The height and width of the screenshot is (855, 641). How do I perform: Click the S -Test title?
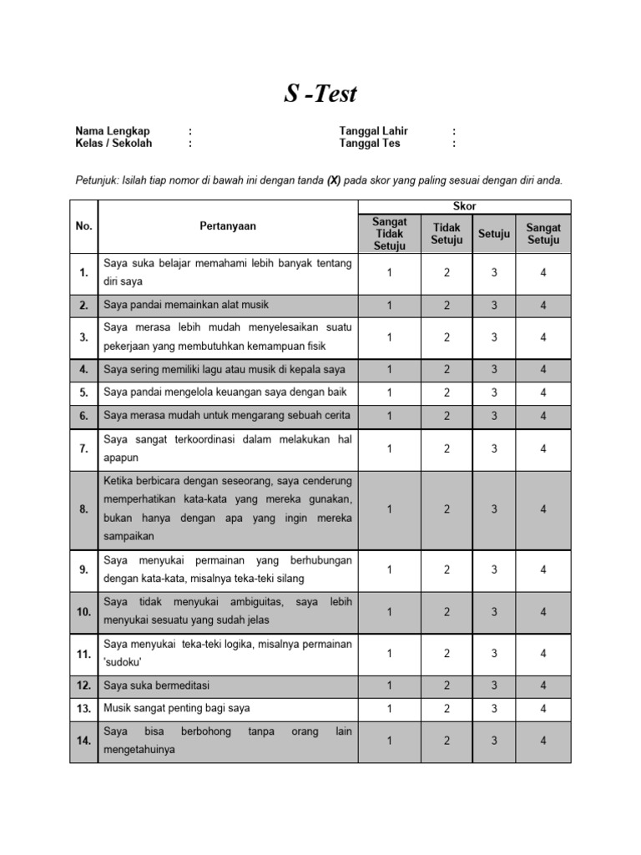point(320,94)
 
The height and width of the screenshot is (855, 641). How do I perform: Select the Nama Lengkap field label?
point(113,131)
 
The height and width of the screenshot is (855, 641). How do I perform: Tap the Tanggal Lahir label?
point(373,131)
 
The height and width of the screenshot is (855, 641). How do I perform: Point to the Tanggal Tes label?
point(370,143)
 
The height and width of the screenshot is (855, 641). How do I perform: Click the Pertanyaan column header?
point(228,226)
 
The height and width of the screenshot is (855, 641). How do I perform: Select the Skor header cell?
point(465,206)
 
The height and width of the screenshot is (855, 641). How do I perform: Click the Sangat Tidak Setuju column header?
point(390,234)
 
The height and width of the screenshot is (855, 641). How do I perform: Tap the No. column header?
point(84,226)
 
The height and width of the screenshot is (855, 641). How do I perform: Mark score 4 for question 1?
point(543,272)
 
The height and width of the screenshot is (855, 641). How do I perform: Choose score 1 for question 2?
point(390,306)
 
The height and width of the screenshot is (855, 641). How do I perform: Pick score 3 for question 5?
point(494,392)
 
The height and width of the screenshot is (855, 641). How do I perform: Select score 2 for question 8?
point(447,509)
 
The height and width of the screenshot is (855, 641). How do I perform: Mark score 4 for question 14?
point(543,741)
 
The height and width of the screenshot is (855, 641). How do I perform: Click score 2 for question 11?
point(447,655)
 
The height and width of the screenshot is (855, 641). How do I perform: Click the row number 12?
point(84,686)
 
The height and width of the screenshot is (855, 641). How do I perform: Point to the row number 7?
point(84,448)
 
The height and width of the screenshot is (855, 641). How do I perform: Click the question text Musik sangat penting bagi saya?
point(176,709)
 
